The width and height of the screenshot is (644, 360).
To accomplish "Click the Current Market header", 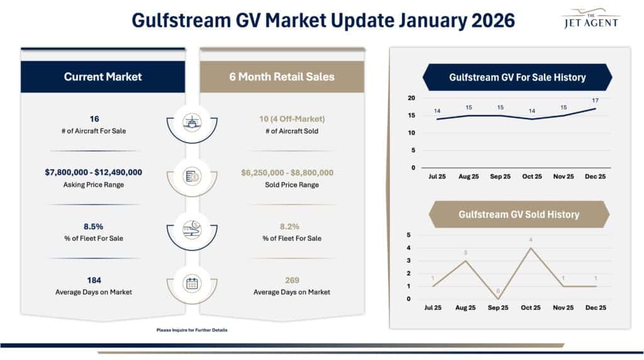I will [103, 77].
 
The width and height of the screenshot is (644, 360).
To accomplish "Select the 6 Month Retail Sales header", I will [282, 77].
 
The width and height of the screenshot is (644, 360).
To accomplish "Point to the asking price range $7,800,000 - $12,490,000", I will [93, 172].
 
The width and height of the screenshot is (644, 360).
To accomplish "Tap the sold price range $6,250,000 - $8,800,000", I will [286, 172].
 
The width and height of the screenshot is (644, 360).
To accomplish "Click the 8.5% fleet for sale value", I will [94, 227].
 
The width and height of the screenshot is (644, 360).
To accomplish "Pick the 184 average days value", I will [94, 280].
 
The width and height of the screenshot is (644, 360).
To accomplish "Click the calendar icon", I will [192, 283].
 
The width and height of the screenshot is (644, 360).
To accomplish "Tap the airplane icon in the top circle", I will [192, 121].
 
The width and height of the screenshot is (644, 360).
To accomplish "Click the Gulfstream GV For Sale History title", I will [517, 77].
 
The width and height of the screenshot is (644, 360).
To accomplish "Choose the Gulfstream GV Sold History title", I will [518, 215].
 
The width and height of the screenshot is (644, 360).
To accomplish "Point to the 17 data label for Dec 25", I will [595, 101].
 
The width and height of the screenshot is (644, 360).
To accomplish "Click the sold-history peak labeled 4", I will [531, 240].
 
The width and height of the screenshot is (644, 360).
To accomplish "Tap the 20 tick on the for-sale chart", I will [411, 98].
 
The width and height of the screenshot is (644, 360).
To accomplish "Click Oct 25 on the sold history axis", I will [530, 308].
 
